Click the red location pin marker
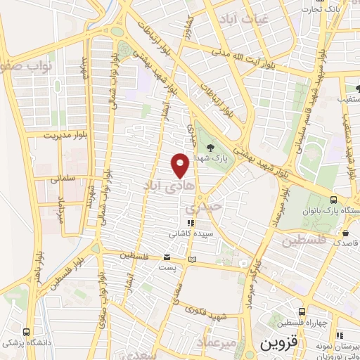181,165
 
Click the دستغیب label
349,99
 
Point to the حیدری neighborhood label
203,208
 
